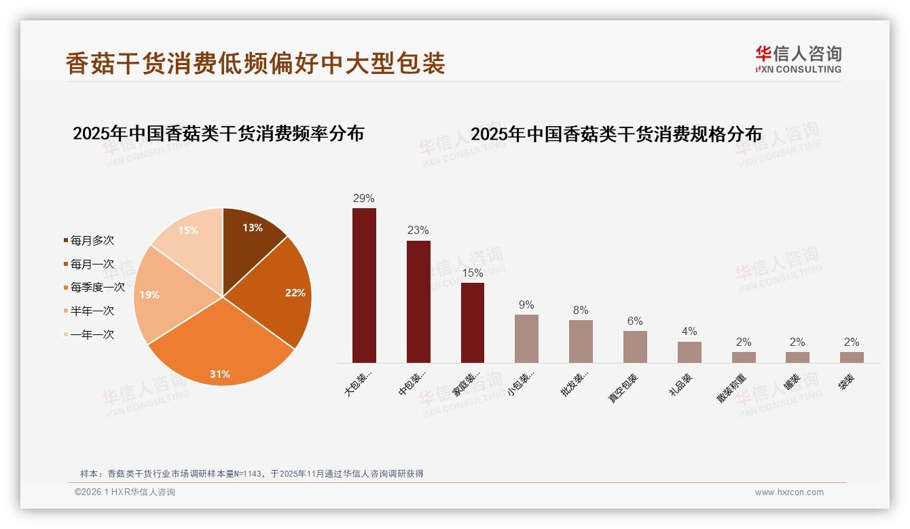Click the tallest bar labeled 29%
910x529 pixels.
(364, 285)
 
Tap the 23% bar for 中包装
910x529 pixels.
(418, 302)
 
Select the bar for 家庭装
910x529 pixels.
(473, 322)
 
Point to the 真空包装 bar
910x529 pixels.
(635, 347)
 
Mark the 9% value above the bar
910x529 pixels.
(526, 305)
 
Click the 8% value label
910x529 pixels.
(581, 311)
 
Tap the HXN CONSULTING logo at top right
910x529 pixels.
(798, 60)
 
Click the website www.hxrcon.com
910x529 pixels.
(789, 492)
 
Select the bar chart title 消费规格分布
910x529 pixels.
(616, 134)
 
